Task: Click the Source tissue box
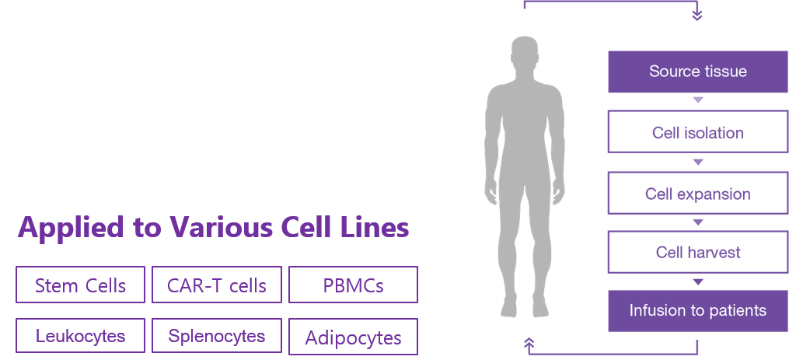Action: tap(697, 72)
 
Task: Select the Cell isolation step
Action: tap(697, 132)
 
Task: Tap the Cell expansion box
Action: tap(697, 194)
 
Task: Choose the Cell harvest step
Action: tap(697, 253)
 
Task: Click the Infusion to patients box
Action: tap(697, 311)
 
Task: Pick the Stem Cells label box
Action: tap(80, 285)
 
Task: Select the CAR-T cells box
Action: tap(217, 285)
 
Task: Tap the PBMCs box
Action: tap(353, 285)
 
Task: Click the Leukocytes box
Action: tap(80, 337)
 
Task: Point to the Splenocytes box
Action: tap(217, 337)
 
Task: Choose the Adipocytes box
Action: tap(353, 337)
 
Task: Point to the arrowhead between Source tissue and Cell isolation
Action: tap(697, 100)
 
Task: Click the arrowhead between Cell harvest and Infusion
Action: tap(697, 281)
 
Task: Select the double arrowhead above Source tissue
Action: tap(697, 14)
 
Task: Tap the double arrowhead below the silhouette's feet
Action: tap(529, 343)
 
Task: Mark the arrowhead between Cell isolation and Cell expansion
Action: tap(697, 163)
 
